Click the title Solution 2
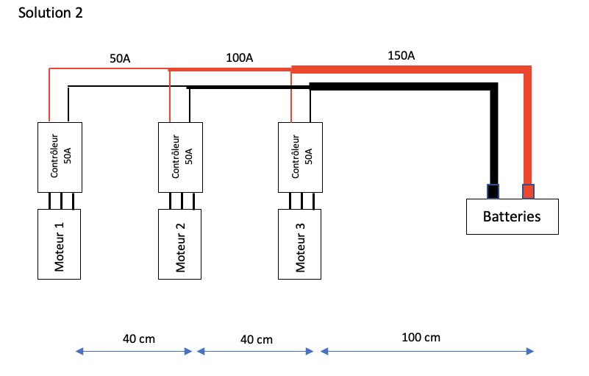point(51,13)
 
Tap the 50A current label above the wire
point(120,59)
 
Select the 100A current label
point(240,57)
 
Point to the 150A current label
point(401,55)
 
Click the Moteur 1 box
point(59,244)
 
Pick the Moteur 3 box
point(300,244)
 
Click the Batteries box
point(511,216)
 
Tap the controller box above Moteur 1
point(60,156)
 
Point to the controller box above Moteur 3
point(300,156)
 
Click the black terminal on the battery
point(493,191)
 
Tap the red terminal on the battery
point(528,191)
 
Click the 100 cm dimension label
point(421,338)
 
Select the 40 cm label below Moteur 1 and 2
point(139,338)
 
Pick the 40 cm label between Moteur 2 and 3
point(257,339)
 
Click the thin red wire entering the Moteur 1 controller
point(49,96)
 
